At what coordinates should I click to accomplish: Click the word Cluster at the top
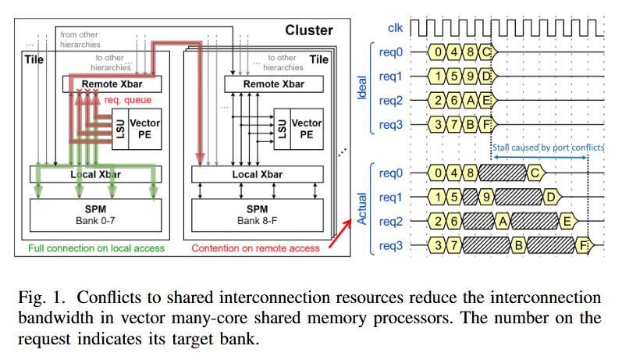pos(309,30)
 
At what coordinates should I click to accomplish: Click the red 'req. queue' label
pos(126,100)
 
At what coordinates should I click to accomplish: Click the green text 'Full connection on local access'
pos(96,248)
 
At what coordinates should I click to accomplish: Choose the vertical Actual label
pos(361,209)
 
